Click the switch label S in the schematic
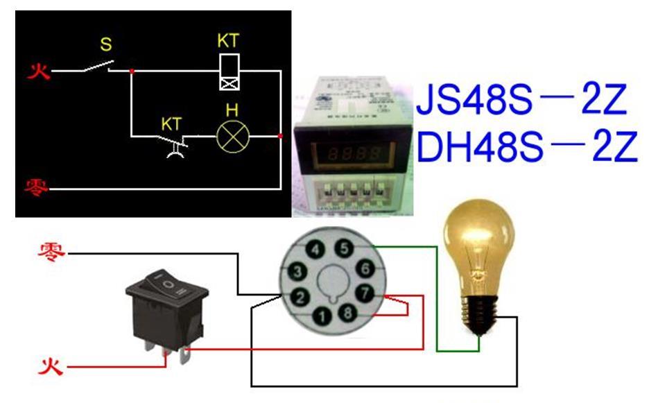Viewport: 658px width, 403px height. coord(105,45)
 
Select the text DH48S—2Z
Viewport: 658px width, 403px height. coord(526,147)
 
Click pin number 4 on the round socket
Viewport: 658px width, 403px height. coord(315,250)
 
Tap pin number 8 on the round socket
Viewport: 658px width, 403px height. coord(347,313)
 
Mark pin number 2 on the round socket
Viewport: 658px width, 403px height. coord(300,298)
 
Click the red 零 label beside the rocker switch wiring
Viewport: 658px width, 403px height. coord(52,251)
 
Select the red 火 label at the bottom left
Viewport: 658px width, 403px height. coord(51,364)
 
